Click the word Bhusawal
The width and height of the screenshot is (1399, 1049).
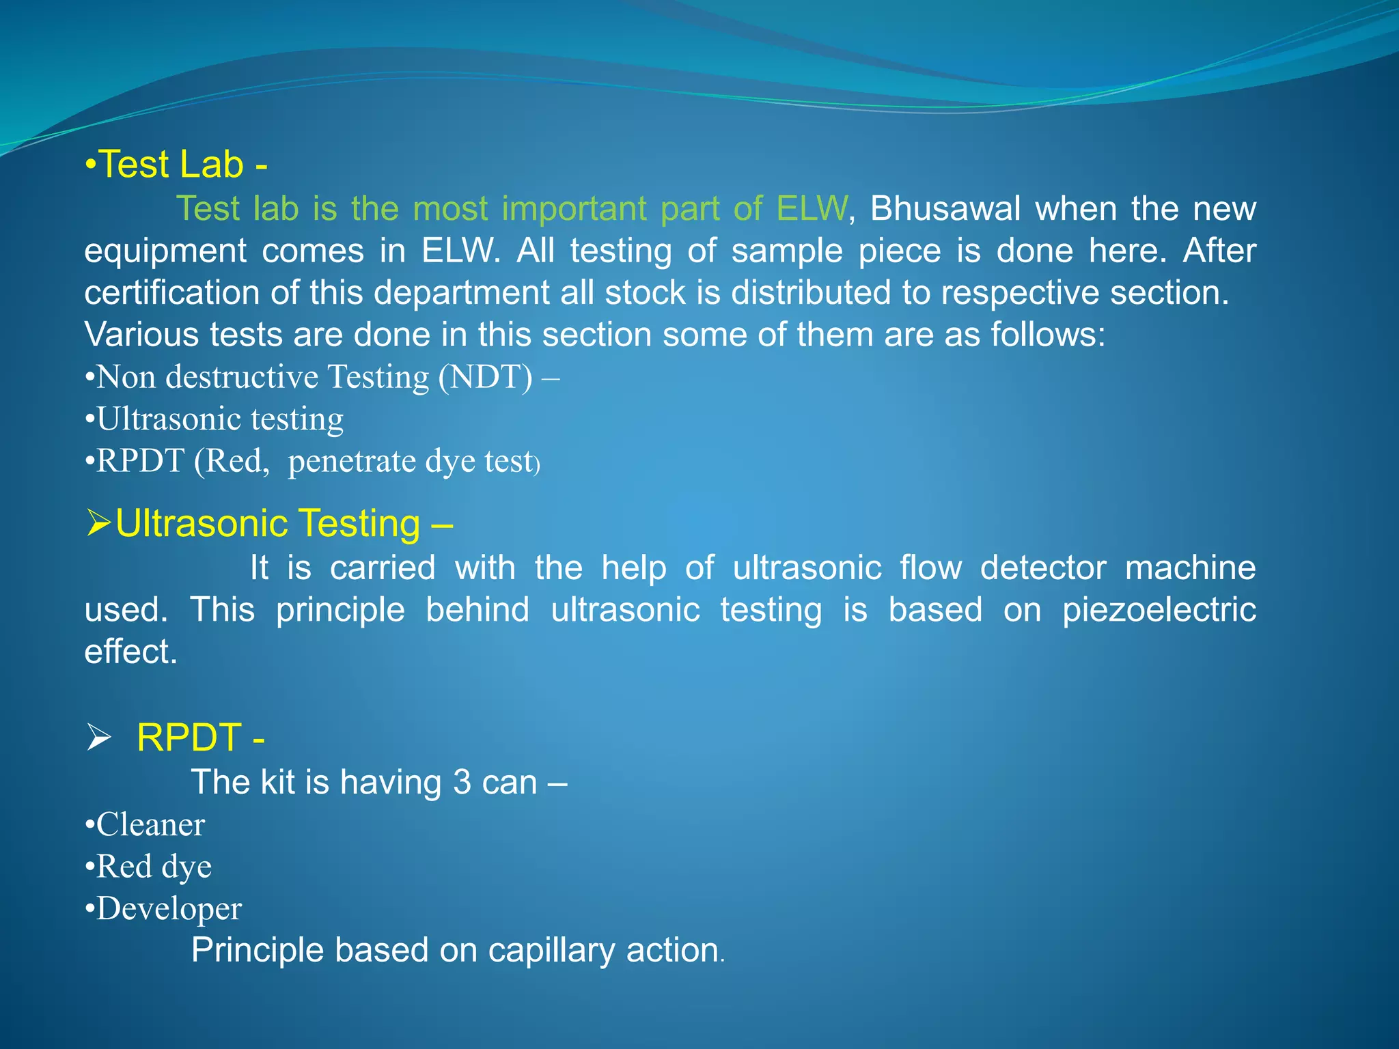[x=945, y=208]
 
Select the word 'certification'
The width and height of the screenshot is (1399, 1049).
[x=170, y=293]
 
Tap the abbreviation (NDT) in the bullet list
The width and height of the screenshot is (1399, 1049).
[x=484, y=377]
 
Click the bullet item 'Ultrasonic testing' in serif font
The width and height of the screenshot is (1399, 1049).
[x=219, y=419]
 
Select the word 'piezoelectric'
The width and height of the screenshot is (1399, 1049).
[x=1159, y=609]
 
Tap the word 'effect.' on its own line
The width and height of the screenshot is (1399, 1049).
[x=130, y=652]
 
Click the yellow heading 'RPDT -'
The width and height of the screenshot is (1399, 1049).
[x=200, y=738]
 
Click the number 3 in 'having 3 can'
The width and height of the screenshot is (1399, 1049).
[x=462, y=782]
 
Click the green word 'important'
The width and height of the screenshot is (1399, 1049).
[x=574, y=208]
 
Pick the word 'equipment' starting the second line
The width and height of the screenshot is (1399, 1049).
[x=165, y=251]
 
